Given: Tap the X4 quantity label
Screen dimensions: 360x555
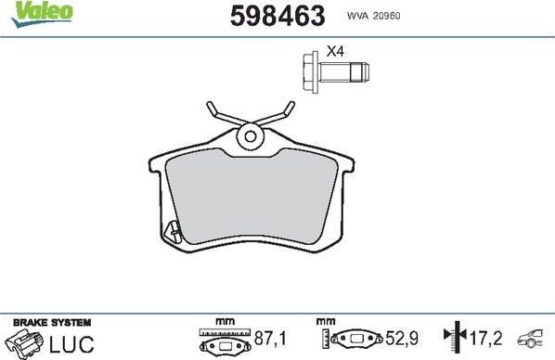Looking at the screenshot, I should coord(335,52).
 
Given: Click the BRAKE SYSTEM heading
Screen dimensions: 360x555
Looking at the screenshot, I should coord(51,322).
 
